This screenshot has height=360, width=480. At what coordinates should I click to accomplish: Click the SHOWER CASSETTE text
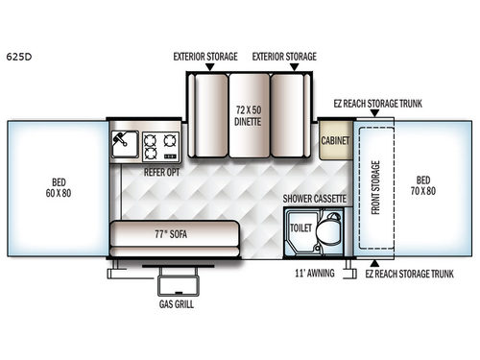click(x=317, y=199)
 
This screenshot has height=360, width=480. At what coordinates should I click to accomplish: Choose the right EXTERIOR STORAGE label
click(x=285, y=57)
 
